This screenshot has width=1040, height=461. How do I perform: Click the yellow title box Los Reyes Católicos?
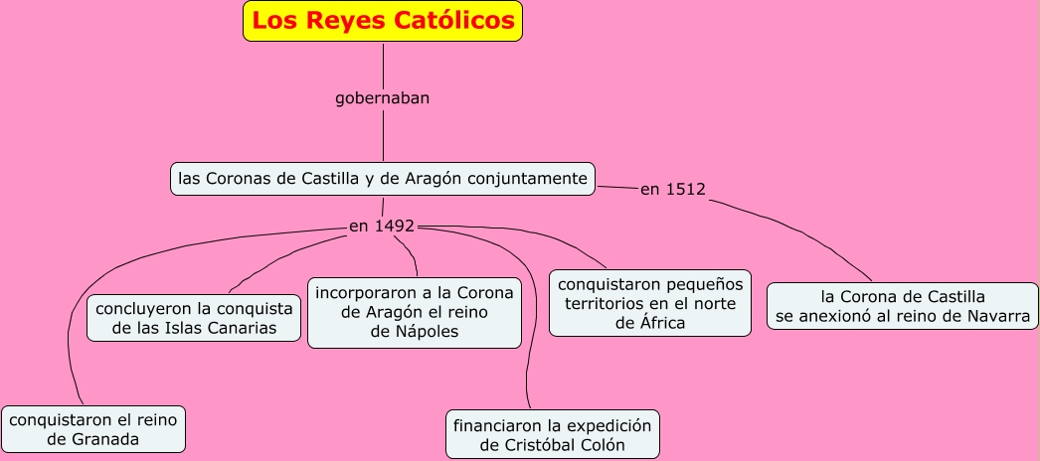coord(383,21)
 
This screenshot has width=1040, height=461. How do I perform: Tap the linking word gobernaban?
coord(383,98)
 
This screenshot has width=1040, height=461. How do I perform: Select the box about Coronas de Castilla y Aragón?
coord(383,179)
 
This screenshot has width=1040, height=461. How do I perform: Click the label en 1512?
coord(673,190)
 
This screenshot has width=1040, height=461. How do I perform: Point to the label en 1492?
coord(382,227)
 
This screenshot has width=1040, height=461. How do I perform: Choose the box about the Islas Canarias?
coord(194,318)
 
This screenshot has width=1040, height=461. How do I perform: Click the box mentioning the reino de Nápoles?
coord(415,312)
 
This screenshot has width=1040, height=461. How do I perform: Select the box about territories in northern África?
coord(651,302)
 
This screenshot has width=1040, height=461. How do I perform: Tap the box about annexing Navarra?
coord(903,306)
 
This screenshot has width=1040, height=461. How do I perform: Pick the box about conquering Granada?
coord(93,429)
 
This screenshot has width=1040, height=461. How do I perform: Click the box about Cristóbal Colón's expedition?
coord(552,435)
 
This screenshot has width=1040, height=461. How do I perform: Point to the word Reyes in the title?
coord(351,20)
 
